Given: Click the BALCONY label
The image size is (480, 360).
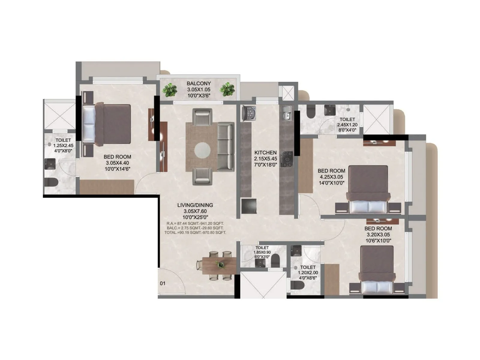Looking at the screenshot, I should tap(199, 83).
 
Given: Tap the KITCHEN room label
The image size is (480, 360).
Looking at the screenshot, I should tap(265, 152).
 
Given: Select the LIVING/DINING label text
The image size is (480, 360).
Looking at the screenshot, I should tap(195, 205).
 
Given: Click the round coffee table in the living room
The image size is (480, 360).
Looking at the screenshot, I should tap(202, 150).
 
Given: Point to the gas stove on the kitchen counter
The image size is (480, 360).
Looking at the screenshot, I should tap(286, 159).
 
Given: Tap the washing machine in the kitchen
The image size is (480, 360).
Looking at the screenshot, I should tap(249, 113).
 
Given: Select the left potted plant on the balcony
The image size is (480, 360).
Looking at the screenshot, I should tap(170, 89).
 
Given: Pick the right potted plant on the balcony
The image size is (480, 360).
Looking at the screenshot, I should tap(227, 89).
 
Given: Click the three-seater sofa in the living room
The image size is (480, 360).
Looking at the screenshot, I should tap(226, 147).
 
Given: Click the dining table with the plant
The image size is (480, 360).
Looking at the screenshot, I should tap(219, 265).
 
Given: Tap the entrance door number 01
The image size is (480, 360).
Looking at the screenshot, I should tap(163, 283).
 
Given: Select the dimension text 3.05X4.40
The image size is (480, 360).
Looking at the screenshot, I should tap(117, 163).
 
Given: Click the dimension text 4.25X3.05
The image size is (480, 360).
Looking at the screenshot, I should tap(331, 177).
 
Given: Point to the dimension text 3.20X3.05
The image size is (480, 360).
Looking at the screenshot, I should tap(378, 235).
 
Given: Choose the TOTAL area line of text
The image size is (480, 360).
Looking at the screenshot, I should tap(195, 232).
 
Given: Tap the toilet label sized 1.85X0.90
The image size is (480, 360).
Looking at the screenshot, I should tap(262, 252).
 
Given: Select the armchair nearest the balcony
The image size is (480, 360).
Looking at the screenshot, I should tap(202, 117).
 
